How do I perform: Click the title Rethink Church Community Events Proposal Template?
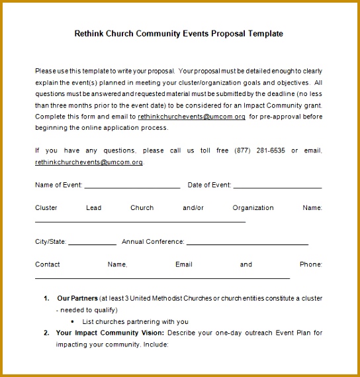pos(179,33)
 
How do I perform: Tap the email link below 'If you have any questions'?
pos(89,162)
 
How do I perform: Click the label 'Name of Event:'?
pos(58,186)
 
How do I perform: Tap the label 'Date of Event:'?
pos(209,186)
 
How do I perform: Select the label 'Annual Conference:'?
pos(153,242)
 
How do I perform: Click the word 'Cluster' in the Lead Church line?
pos(46,207)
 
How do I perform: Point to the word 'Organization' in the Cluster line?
pos(253,207)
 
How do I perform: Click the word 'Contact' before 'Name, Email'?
pos(48,264)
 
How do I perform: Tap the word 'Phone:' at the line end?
pos(311,264)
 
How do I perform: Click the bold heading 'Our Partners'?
pos(77,298)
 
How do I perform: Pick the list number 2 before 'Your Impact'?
pos(46,333)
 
